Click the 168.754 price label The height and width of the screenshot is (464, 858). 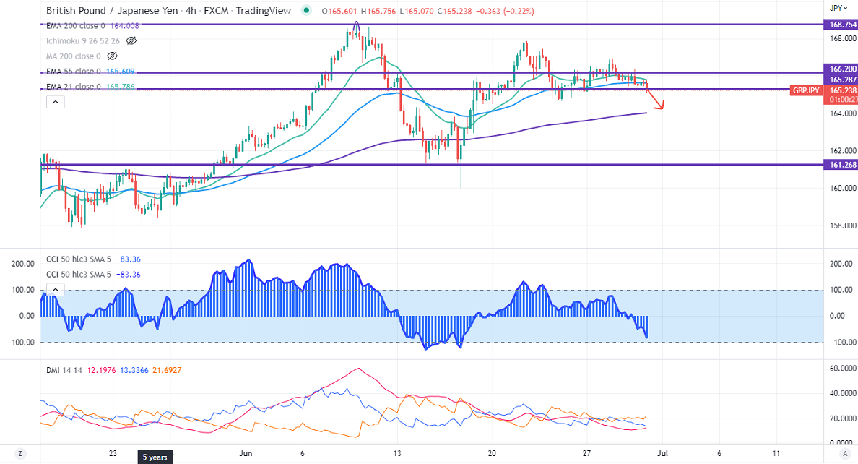[x=841, y=24]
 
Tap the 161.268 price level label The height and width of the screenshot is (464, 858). [x=841, y=165]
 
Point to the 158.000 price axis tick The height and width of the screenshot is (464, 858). [x=841, y=225]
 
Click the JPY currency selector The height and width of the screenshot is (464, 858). [x=836, y=8]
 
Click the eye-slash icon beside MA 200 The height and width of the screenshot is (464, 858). [x=112, y=56]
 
